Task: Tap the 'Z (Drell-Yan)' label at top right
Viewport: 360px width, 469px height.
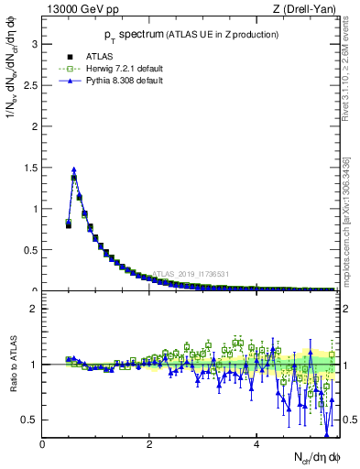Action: [x=308, y=10]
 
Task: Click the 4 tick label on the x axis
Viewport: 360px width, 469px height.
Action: [x=255, y=444]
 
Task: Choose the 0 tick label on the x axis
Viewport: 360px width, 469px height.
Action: [x=42, y=444]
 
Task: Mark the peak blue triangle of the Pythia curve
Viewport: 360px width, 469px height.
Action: [x=74, y=169]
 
